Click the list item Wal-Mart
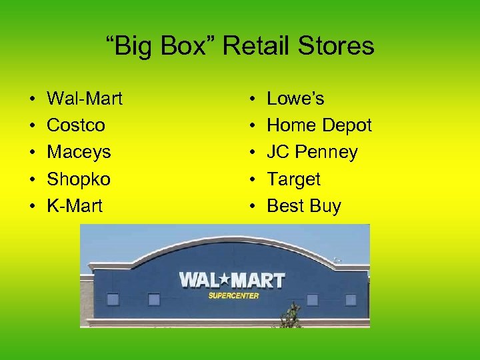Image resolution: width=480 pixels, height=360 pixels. (x=85, y=99)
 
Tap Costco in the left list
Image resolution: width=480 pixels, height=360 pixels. (x=76, y=125)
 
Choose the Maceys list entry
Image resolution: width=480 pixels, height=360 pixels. (x=79, y=153)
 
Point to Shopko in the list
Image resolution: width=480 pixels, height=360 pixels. (x=79, y=179)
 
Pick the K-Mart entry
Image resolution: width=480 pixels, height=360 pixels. (x=75, y=206)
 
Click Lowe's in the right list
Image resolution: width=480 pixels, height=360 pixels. (x=295, y=99)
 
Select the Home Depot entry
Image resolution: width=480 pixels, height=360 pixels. (x=319, y=125)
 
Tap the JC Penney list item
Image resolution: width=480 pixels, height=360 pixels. (x=312, y=153)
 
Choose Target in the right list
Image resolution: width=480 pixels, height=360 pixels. (x=293, y=179)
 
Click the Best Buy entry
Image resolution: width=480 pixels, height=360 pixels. (x=303, y=206)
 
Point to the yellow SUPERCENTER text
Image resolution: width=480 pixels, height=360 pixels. (x=233, y=295)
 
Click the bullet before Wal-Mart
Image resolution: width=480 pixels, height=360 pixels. (x=32, y=99)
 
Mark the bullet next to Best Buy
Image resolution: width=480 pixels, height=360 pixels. (x=252, y=207)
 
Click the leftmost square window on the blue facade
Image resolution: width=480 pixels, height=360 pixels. (x=113, y=299)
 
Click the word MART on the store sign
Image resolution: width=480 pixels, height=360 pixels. (x=261, y=279)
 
